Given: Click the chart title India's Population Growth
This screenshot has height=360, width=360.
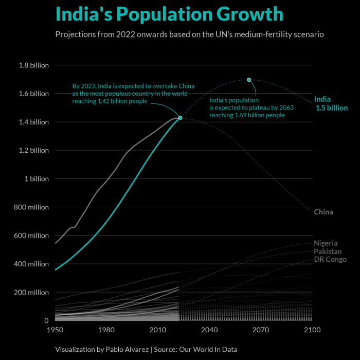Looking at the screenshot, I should point(169,14).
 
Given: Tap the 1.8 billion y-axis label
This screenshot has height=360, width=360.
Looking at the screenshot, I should point(33,65).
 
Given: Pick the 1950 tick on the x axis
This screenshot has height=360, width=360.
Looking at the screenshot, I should point(55,330).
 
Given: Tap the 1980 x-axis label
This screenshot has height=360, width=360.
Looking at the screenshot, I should point(106,330).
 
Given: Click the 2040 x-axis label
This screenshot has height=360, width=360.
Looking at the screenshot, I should point(209,330).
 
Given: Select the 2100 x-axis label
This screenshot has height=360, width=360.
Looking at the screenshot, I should point(312,330).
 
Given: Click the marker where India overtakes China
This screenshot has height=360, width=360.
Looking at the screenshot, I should point(180,118).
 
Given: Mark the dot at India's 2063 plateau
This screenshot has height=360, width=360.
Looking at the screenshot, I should point(249,80).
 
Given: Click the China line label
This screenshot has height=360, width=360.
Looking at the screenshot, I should point(323,212).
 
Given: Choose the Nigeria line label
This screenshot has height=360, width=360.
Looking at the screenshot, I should point(326,243).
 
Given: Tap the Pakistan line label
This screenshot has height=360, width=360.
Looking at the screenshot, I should point(328,251).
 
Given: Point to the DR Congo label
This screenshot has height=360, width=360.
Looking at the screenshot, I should point(330,260).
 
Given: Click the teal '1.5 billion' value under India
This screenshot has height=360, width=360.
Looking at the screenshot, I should point(332,108).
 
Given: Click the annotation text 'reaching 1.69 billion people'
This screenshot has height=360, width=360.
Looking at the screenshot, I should point(247,116).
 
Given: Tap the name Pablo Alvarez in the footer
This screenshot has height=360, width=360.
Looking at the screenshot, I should point(127,349).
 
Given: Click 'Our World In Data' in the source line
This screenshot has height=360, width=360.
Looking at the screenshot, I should point(208,349).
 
